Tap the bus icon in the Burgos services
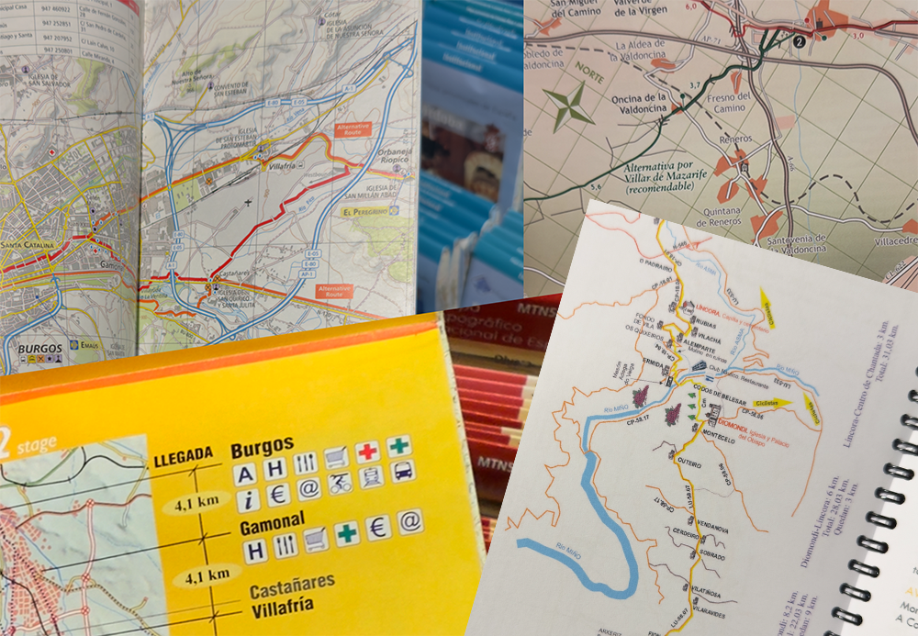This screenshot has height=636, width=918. (x=401, y=473)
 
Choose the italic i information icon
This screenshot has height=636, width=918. (x=245, y=500)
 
